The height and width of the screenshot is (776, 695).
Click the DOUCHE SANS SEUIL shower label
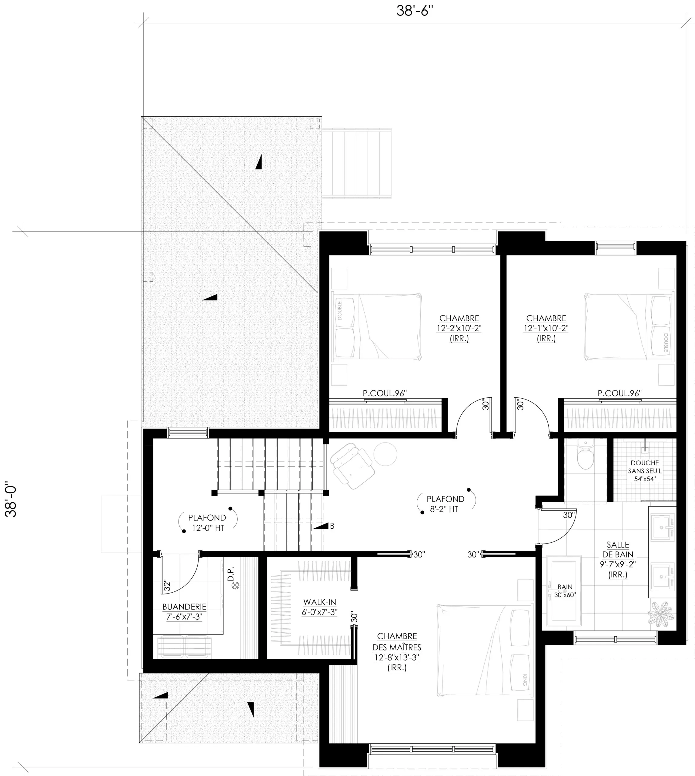645,471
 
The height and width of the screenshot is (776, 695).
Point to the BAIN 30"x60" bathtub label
565,591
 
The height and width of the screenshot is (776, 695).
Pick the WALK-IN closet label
320,607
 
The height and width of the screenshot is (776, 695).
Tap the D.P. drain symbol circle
236,585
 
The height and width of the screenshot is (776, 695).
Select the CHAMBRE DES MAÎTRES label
397,642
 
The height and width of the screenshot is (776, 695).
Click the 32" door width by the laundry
167,586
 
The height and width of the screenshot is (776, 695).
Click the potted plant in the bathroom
661,614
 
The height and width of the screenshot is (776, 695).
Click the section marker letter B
332,526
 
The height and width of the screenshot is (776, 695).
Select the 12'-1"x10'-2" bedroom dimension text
546,328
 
